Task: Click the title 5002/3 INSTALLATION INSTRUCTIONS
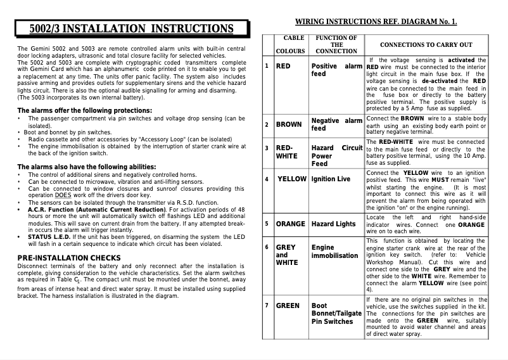[x=132, y=29]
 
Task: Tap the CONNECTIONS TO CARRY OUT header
[x=426, y=45]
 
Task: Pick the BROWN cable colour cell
[x=288, y=124]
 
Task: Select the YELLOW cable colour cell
[x=292, y=179]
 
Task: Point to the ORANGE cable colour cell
[x=291, y=224]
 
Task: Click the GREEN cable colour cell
[x=288, y=305]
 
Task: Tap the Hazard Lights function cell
[x=333, y=224]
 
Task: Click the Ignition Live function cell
[x=331, y=179]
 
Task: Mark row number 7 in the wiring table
[x=267, y=305]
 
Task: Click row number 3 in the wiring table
[x=267, y=148]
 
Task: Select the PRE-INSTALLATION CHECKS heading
[x=69, y=257]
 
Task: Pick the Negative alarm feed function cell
[x=336, y=124]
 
